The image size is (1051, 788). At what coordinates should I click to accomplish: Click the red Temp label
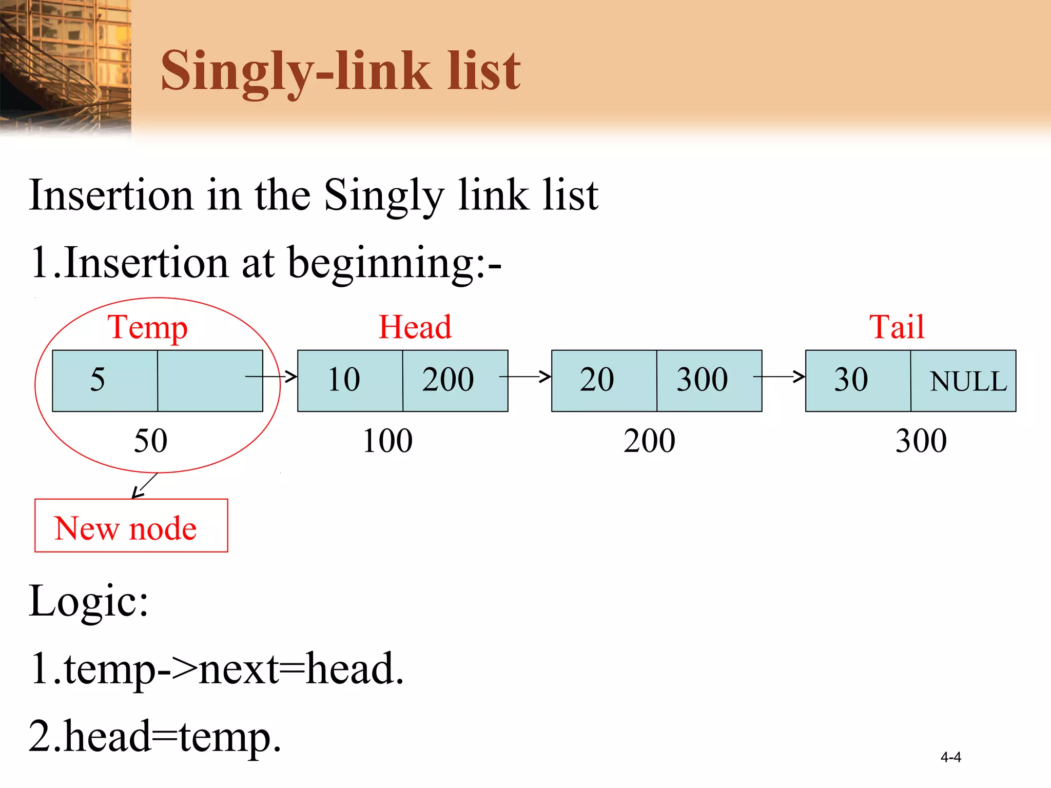[x=147, y=328]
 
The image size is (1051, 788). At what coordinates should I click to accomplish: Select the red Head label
[x=415, y=327]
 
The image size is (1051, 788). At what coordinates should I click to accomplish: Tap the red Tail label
[x=897, y=327]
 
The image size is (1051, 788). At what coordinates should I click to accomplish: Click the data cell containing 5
[x=105, y=381]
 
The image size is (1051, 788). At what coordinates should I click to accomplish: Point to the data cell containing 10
[x=350, y=381]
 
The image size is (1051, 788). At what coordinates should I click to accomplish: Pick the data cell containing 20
[x=604, y=381]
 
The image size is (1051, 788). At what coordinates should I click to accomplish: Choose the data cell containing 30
[x=858, y=381]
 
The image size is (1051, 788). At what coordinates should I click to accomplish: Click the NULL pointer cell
[x=963, y=381]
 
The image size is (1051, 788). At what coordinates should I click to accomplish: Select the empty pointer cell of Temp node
[x=210, y=381]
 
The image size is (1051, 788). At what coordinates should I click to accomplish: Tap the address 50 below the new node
[x=150, y=441]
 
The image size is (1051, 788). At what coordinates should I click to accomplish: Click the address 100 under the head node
[x=387, y=441]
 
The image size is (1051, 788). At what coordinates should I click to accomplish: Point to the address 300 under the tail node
[x=921, y=441]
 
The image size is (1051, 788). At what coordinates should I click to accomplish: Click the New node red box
[x=131, y=526]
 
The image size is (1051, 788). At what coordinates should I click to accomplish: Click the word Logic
[x=88, y=601]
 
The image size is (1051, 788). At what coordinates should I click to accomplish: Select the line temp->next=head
[x=217, y=668]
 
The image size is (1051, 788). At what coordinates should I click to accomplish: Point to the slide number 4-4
[x=950, y=757]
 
